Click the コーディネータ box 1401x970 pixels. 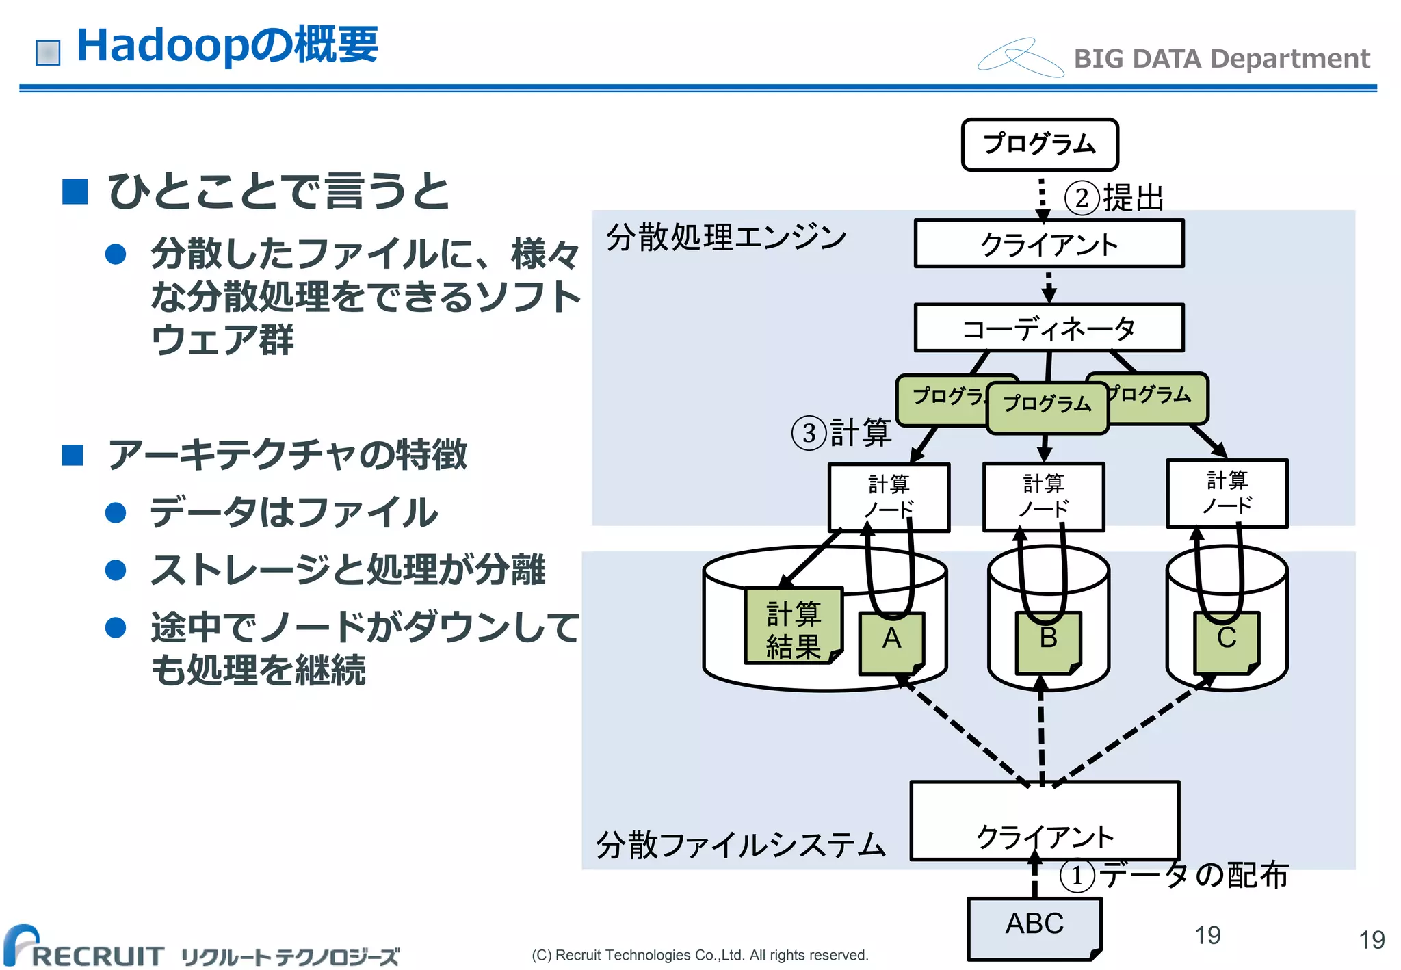point(1049,328)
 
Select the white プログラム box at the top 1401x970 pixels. point(1039,144)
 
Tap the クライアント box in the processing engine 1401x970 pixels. point(1049,244)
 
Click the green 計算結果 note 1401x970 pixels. point(793,627)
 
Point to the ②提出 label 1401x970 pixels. point(1114,198)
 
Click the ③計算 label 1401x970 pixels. point(841,433)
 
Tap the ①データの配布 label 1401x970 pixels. point(1174,875)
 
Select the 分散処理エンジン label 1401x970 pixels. point(726,237)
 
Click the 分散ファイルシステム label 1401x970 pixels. point(740,845)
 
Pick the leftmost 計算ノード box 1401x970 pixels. point(889,497)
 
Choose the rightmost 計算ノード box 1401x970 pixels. point(1227,493)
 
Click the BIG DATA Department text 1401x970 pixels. point(1221,59)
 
